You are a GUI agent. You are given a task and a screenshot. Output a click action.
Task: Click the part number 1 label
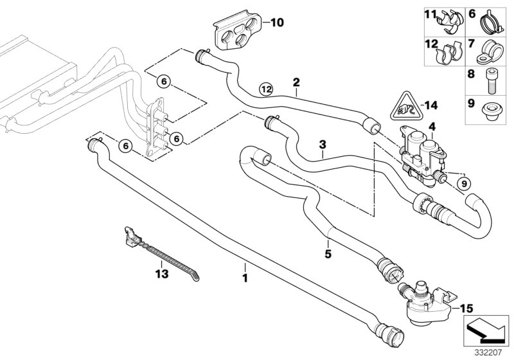tap(244, 281)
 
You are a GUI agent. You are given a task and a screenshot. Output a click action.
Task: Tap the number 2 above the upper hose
tap(296, 82)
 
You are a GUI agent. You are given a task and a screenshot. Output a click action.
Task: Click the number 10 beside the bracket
tap(278, 23)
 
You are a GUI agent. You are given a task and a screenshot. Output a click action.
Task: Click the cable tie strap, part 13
tap(151, 255)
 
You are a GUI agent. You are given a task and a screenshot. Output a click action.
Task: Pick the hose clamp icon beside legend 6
tap(492, 24)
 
